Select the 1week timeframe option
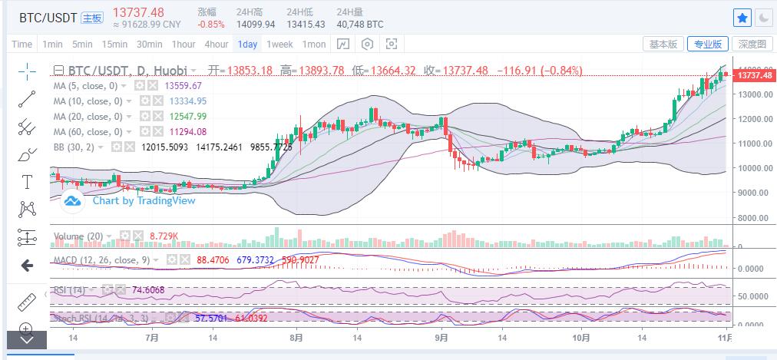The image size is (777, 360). [x=279, y=44]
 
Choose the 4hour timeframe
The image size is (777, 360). [x=216, y=44]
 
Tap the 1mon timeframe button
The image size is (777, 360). [x=314, y=44]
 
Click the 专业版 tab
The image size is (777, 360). [x=707, y=44]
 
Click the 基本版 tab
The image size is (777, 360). [x=663, y=44]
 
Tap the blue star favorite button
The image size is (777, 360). [x=742, y=17]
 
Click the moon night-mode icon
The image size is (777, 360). [x=763, y=17]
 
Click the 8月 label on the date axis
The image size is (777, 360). [x=296, y=338]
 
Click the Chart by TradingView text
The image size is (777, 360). [x=144, y=201]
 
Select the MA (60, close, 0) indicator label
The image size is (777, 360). [x=86, y=131]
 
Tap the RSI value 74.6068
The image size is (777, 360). [x=149, y=290]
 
